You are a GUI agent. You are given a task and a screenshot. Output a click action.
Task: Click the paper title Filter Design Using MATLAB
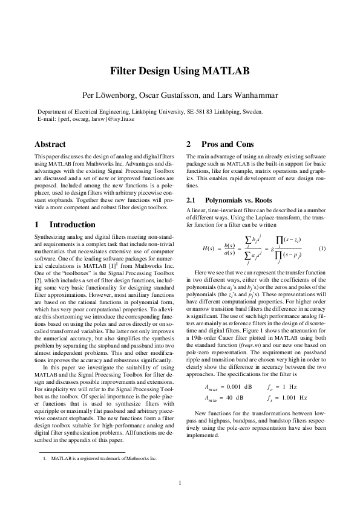[x=180, y=71]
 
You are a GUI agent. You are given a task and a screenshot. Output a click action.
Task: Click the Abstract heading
[x=50, y=145]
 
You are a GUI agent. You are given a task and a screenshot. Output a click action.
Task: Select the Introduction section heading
[x=72, y=225]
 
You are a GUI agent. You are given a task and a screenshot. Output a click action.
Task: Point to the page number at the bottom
[x=180, y=482]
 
